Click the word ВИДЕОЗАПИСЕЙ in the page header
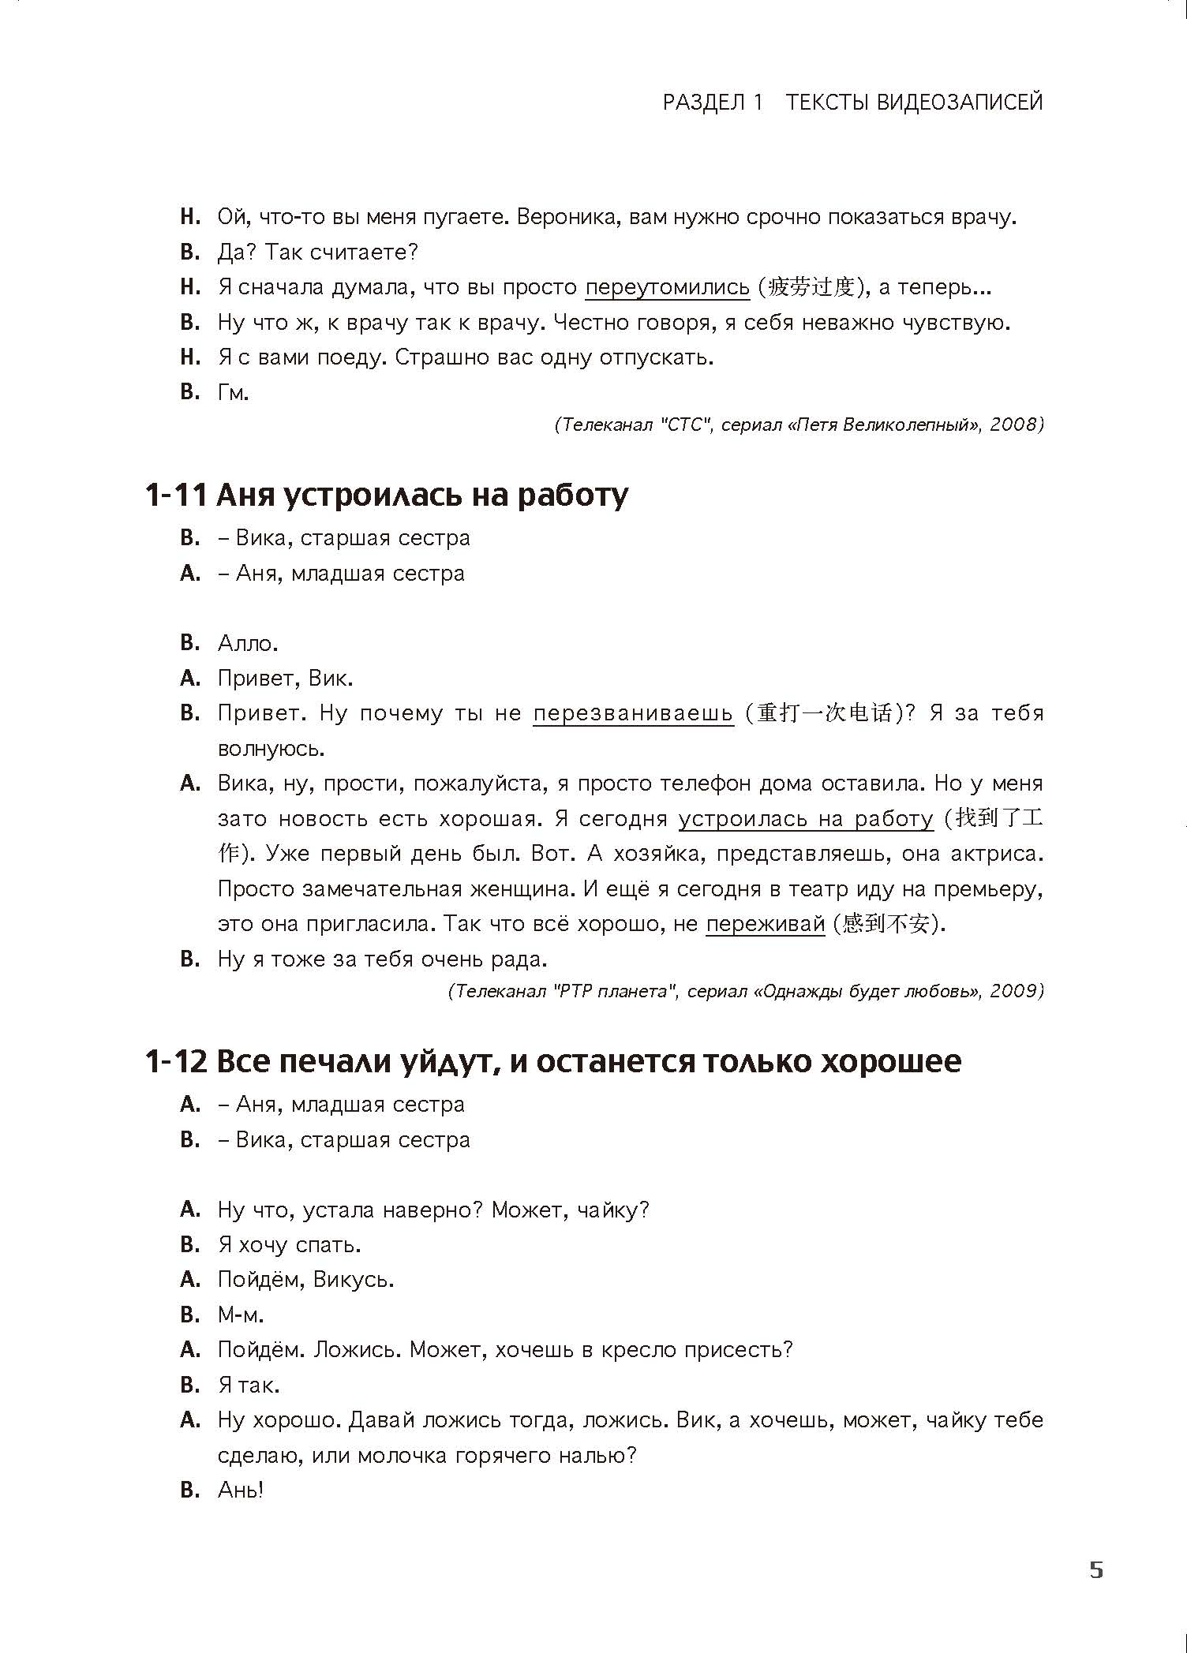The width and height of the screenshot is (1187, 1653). (960, 103)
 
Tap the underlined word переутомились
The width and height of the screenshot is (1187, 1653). (667, 287)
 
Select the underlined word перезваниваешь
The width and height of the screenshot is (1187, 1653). (633, 713)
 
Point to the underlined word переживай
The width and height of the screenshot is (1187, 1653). (765, 924)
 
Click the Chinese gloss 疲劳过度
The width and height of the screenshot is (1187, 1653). (812, 287)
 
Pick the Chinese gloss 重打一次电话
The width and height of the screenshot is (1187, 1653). (824, 713)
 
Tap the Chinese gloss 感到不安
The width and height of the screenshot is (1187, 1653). (885, 924)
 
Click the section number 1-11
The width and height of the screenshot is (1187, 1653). (176, 496)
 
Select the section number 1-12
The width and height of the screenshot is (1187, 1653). (176, 1062)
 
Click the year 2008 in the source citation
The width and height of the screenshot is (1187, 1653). (1013, 424)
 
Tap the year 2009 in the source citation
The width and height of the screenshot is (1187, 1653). (1013, 991)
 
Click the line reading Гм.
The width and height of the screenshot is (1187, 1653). (233, 392)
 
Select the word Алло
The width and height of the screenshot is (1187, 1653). (248, 643)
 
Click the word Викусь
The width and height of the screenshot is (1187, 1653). (353, 1279)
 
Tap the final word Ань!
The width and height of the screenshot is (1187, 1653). (240, 1490)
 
